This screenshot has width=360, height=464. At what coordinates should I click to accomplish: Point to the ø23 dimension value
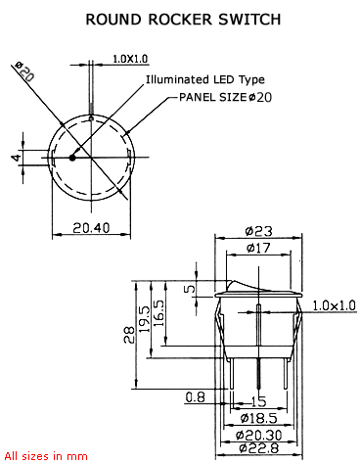[x=257, y=231]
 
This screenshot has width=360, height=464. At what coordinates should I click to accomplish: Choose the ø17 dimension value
[x=257, y=249]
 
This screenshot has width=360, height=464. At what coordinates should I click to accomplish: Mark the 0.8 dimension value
[x=194, y=396]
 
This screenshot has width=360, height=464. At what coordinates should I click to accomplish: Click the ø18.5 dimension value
[x=256, y=417]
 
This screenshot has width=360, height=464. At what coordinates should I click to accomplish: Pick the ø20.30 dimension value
[x=259, y=434]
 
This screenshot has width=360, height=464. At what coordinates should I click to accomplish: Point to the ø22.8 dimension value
[x=258, y=449]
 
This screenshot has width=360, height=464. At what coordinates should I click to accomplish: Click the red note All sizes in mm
[x=46, y=456]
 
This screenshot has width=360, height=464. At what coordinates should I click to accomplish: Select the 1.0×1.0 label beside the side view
[x=336, y=305]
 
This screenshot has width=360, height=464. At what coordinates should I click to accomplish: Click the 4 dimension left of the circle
[x=15, y=158]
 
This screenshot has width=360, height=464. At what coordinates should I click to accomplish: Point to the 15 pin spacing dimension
[x=259, y=401]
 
